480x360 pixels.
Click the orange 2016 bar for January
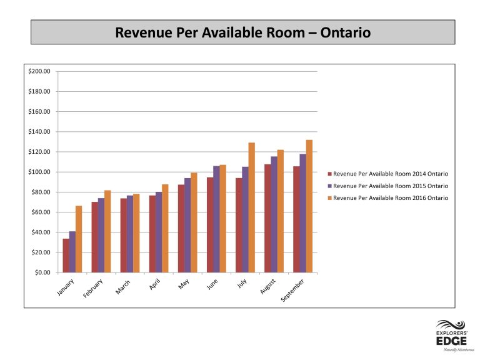pos(79,239)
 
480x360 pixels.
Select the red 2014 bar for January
pos(66,256)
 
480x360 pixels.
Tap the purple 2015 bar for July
pos(245,219)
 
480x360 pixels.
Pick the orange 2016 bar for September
pos(309,206)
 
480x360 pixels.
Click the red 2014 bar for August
pos(267,218)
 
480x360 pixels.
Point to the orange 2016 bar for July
pos(251,207)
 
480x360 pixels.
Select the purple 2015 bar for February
pos(101,236)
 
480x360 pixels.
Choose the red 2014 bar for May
pos(181,229)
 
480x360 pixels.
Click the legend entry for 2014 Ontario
pos(388,174)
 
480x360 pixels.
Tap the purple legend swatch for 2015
pos(330,186)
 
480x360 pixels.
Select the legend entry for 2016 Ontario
pos(388,198)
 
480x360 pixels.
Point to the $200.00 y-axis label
pos(39,71)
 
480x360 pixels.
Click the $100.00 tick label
pos(39,172)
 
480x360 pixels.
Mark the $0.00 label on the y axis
pos(42,272)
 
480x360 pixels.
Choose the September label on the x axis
pos(292,290)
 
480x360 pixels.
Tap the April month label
pos(154,284)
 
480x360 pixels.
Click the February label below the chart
pos(92,288)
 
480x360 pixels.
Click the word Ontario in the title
pos(346,32)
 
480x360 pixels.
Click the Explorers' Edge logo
pos(451,336)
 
